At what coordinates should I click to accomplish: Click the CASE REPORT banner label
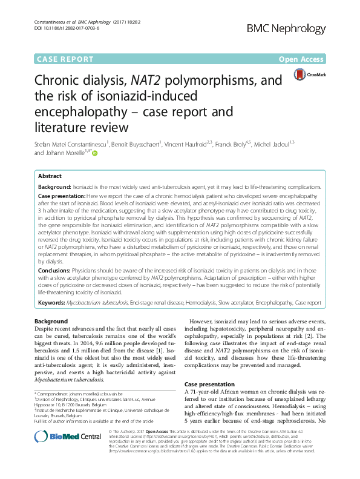tap(65, 59)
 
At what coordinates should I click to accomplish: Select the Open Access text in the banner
tap(302, 59)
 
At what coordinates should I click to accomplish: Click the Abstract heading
tap(50, 175)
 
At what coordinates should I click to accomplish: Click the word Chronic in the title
tap(60, 81)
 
